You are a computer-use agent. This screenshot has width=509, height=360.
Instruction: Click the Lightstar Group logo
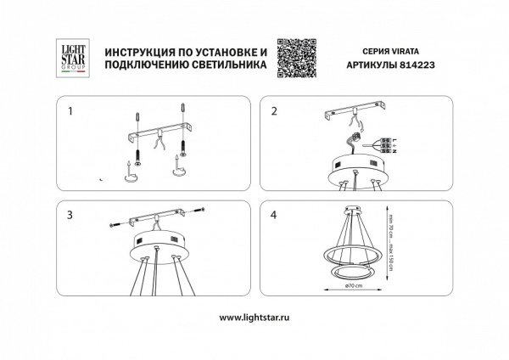[67, 59]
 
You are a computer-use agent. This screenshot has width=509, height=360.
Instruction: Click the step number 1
[71, 111]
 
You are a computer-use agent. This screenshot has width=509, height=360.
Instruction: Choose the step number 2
[273, 111]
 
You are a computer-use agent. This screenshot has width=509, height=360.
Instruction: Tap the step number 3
[71, 215]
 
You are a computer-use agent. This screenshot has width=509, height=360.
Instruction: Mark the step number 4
[273, 215]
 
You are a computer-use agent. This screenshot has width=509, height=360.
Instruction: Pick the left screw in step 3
[115, 224]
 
